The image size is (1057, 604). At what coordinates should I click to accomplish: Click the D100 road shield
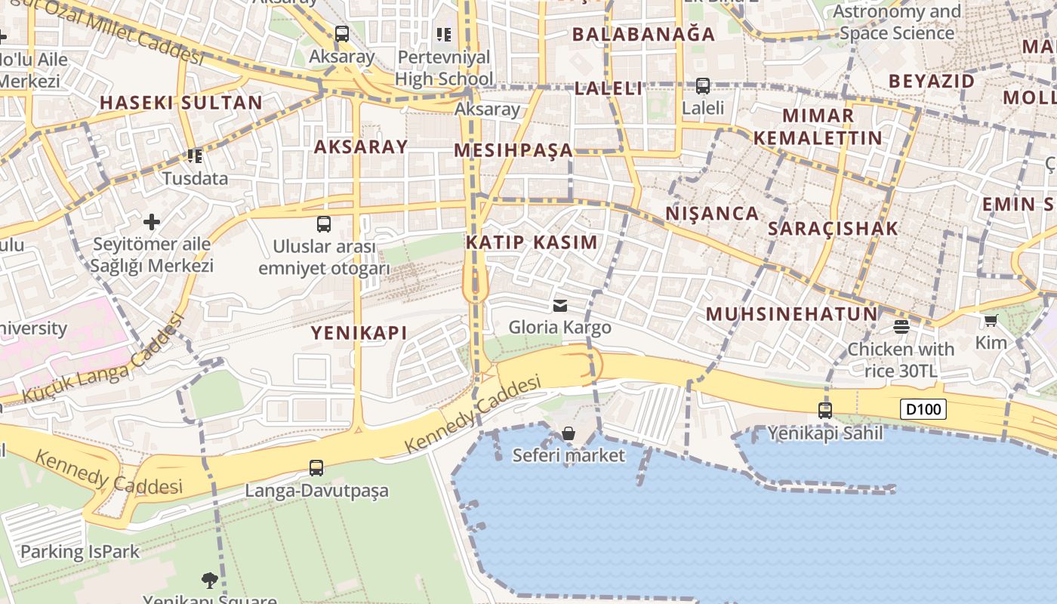pos(923,410)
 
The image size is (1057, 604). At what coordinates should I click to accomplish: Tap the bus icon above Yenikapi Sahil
pos(825,411)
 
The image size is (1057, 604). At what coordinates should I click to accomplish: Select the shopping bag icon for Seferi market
pos(569,433)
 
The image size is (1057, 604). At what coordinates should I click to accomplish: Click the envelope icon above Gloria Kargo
pos(560,305)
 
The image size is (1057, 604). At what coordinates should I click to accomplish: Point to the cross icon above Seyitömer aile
pos(152,222)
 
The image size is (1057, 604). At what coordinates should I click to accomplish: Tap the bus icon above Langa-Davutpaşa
pos(316,468)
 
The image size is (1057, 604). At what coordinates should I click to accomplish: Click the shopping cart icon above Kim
pos(991,320)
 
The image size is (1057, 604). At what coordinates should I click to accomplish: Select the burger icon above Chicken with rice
pos(901,327)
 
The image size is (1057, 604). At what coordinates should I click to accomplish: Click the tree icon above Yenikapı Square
pos(210,580)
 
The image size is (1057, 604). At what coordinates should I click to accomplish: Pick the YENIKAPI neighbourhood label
pos(359,332)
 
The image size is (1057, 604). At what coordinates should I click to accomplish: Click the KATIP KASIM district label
pos(532,242)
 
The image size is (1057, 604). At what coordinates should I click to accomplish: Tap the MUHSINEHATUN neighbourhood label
pos(792,314)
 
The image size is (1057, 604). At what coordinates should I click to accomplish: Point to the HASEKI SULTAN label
pos(181,103)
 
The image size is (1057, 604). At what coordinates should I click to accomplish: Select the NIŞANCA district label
pos(712,214)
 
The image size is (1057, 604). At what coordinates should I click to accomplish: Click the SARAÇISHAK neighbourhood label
pos(834,228)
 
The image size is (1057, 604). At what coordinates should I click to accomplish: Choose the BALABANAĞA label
pos(643,34)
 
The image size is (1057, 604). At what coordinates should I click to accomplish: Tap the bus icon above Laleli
pos(703,86)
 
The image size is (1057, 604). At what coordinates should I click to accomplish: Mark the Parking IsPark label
pos(80,551)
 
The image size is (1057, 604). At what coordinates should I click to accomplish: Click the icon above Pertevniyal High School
pos(444,34)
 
